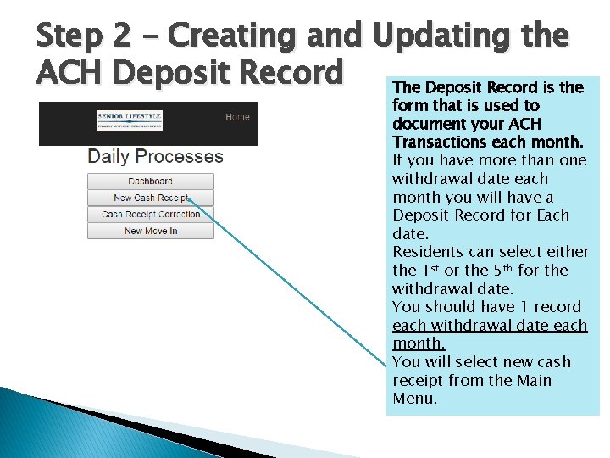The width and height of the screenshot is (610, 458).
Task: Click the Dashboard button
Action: [150, 181]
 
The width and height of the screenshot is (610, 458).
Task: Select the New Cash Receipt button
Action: [150, 198]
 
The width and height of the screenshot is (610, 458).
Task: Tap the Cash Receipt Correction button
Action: [150, 214]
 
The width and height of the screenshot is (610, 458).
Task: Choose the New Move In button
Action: [150, 231]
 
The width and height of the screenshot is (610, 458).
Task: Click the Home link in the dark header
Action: [237, 117]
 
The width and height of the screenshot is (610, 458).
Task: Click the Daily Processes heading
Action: [155, 156]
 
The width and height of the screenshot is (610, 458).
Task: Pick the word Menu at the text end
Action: [415, 399]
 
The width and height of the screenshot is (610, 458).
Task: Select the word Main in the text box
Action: [533, 381]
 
